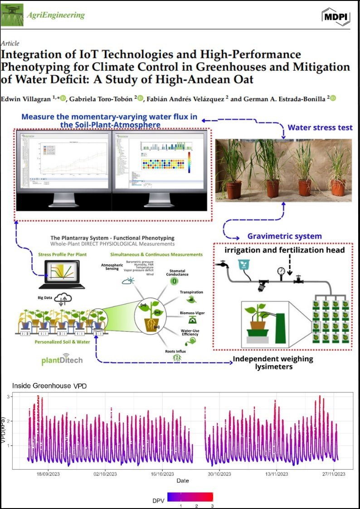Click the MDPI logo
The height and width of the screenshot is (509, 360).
click(336, 16)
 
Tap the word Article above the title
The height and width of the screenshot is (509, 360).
click(10, 43)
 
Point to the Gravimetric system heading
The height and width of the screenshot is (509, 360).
click(284, 236)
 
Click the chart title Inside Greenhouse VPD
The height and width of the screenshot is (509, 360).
click(49, 386)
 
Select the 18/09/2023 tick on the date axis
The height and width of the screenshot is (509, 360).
click(48, 474)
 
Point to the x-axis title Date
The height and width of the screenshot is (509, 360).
click(183, 480)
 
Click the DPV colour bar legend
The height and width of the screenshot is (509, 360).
click(190, 497)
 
